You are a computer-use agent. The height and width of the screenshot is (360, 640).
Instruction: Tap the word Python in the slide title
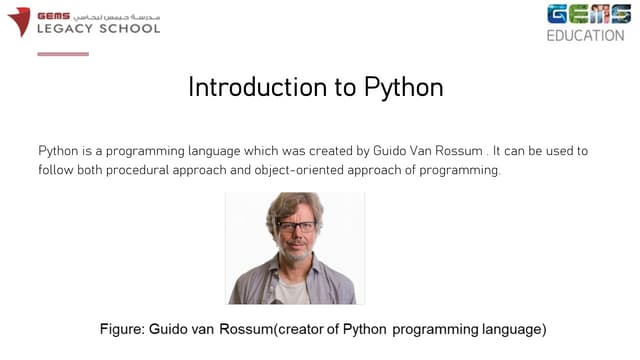coord(399,88)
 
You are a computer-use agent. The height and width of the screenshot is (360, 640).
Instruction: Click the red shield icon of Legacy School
coord(19,21)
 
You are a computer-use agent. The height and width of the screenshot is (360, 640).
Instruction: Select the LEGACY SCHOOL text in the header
coord(98,28)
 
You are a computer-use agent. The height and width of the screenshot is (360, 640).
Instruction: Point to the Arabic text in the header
coord(124,15)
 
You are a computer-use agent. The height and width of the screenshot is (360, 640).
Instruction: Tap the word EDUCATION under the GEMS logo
coord(585,35)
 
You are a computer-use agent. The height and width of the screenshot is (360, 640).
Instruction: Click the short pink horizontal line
coord(63,54)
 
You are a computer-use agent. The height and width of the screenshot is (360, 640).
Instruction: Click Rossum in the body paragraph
coord(456,151)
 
